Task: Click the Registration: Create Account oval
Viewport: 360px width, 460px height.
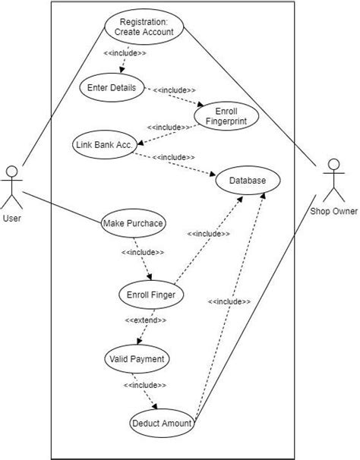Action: pyautogui.click(x=144, y=27)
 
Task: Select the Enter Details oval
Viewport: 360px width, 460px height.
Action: pyautogui.click(x=112, y=88)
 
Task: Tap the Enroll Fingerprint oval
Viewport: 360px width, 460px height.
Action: pyautogui.click(x=226, y=115)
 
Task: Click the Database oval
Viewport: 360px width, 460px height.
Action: pyautogui.click(x=247, y=181)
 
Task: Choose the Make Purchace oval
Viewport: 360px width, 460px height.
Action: pyautogui.click(x=133, y=223)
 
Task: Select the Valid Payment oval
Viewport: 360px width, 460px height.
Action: pyautogui.click(x=137, y=358)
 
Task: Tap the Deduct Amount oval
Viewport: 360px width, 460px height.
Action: pyautogui.click(x=163, y=424)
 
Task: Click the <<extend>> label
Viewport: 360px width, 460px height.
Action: pyautogui.click(x=145, y=320)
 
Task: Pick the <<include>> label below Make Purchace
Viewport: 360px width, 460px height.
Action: pyautogui.click(x=142, y=251)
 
